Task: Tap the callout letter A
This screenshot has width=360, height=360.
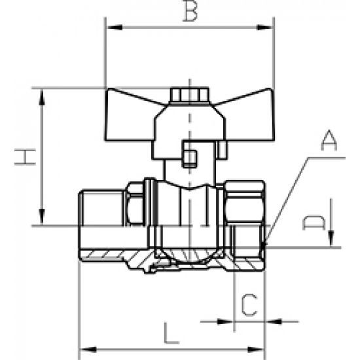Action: click(329, 140)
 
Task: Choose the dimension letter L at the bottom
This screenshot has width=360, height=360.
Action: click(170, 333)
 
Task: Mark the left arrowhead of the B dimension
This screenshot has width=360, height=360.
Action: click(111, 28)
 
